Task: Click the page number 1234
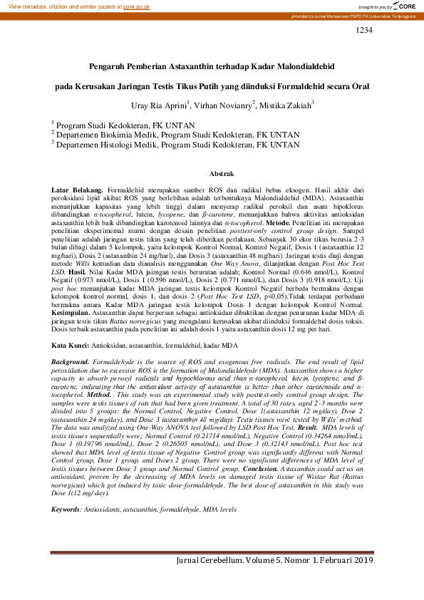[x=363, y=31]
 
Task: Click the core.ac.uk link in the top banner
[x=136, y=6]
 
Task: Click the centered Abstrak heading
[x=212, y=174]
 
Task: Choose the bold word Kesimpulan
[x=73, y=313]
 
